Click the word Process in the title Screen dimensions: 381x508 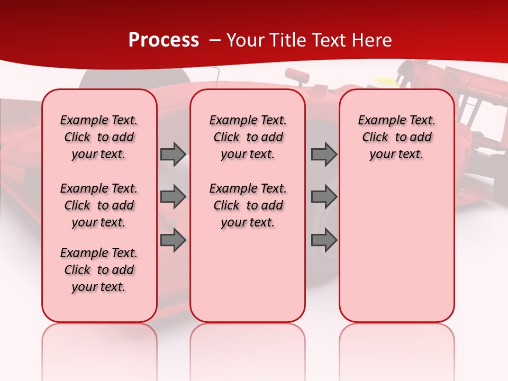[163, 40]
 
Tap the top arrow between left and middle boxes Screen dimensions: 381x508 [173, 154]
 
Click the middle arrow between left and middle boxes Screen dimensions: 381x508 [173, 197]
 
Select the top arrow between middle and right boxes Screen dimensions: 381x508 [324, 154]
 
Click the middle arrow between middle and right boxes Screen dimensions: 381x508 [324, 197]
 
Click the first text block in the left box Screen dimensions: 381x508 [99, 137]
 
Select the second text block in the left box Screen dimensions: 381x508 [99, 205]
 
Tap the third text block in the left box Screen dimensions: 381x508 [99, 270]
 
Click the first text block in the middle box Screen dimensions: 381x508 [248, 137]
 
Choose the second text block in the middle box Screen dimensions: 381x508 [248, 205]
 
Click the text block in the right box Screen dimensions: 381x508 [397, 137]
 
